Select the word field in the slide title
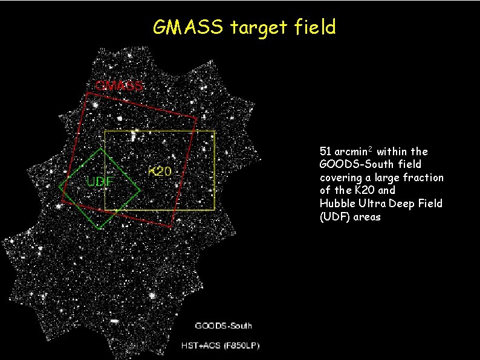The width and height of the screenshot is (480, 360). (x=313, y=27)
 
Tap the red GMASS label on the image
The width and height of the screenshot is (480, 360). (x=119, y=85)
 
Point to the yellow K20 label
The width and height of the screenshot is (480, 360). (x=160, y=171)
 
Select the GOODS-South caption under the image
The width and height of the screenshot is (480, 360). (x=223, y=326)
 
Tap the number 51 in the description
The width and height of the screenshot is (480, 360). (x=325, y=151)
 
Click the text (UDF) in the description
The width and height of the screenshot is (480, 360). (x=333, y=217)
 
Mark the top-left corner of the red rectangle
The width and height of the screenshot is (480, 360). (x=88, y=92)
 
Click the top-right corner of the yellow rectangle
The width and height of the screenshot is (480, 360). (x=215, y=131)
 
